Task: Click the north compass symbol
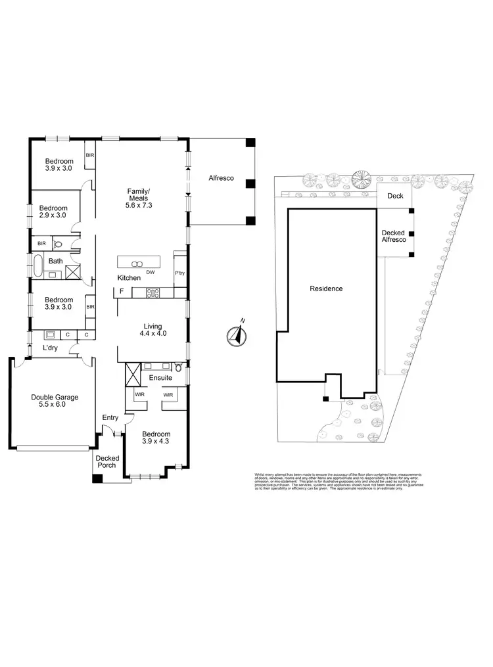(x=235, y=336)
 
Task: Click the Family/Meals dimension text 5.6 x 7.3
(x=138, y=205)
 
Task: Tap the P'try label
(x=179, y=273)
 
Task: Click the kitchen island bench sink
(x=137, y=263)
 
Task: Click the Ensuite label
(x=161, y=378)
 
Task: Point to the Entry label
(x=110, y=418)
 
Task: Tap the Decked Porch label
(x=106, y=462)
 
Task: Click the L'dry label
(x=51, y=348)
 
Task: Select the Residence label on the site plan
(x=327, y=288)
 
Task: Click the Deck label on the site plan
(x=395, y=196)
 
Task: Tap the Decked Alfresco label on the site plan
(x=394, y=236)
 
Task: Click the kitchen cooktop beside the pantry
(x=153, y=293)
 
